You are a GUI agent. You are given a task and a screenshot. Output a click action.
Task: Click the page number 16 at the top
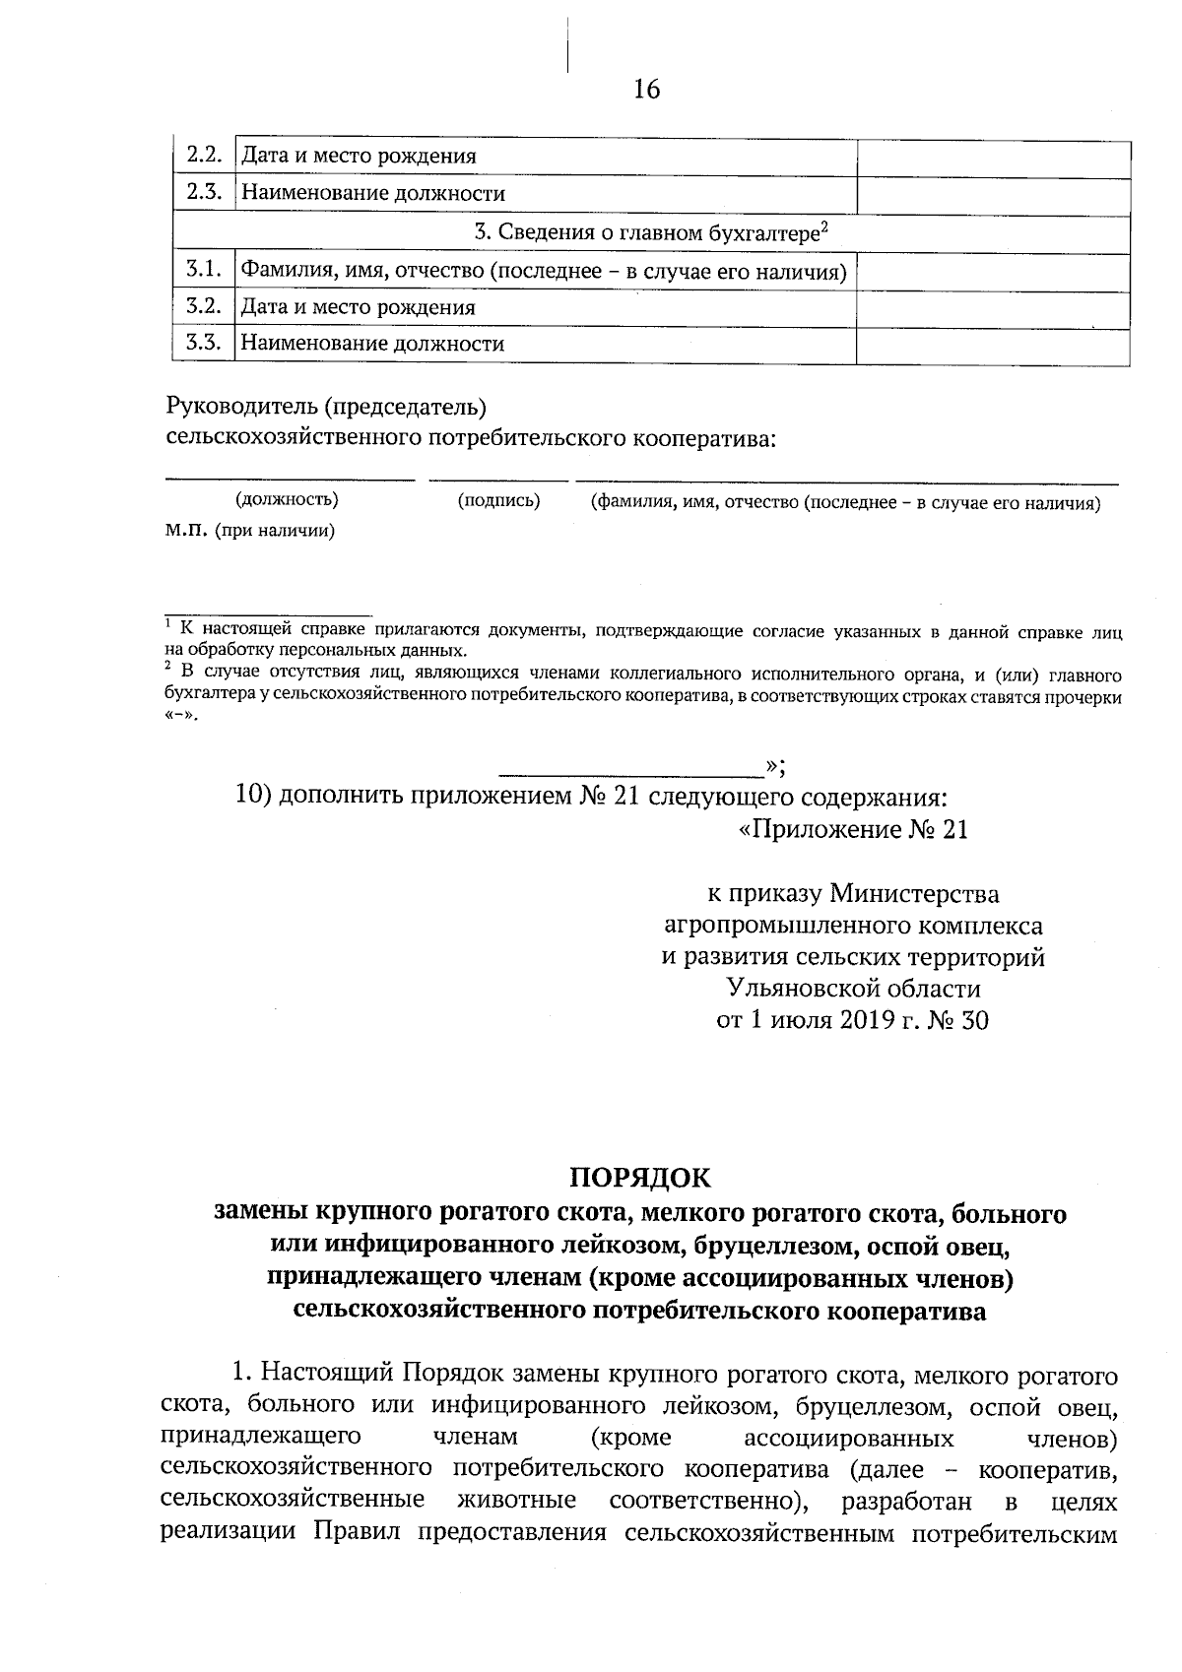point(647,90)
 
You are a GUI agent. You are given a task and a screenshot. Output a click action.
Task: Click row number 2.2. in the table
point(204,155)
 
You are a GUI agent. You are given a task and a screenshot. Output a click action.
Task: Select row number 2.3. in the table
point(204,192)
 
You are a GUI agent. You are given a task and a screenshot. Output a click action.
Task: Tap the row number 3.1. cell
point(204,269)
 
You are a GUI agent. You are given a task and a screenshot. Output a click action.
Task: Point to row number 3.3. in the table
point(204,344)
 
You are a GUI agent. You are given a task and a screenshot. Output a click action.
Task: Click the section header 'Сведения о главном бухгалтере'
point(651,232)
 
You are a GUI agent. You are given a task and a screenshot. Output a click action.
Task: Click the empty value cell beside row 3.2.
point(993,307)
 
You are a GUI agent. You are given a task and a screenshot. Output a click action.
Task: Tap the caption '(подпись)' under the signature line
point(499,501)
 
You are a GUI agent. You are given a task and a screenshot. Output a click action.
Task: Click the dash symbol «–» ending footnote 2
point(180,717)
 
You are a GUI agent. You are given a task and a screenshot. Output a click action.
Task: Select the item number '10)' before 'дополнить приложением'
point(254,796)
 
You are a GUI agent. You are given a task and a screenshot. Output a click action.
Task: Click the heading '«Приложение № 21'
point(853,830)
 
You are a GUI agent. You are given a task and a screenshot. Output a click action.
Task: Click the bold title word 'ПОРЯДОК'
point(640,1177)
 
